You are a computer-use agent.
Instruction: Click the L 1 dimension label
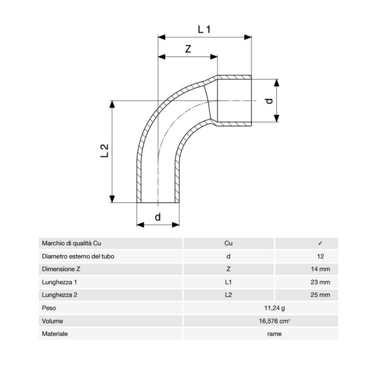204,30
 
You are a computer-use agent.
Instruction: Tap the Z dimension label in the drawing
188,49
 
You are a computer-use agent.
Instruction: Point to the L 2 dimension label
104,151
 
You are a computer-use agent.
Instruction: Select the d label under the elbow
158,217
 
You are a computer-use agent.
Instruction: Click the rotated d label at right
270,101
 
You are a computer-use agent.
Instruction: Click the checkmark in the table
320,243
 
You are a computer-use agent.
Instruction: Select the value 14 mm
320,269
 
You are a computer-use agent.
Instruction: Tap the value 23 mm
320,282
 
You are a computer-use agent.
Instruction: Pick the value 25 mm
320,295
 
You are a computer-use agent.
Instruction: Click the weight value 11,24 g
275,308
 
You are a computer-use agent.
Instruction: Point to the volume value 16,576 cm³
275,321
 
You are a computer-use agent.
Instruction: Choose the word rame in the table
275,334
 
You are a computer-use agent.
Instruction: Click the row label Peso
49,308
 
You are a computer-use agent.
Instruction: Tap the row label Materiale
55,334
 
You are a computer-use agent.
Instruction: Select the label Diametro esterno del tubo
78,256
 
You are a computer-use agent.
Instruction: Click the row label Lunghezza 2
59,295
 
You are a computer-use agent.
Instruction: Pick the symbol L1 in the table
228,282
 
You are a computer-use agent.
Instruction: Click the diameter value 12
320,256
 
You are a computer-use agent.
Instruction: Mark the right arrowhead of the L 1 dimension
248,37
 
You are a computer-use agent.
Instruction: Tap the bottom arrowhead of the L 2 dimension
112,199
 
